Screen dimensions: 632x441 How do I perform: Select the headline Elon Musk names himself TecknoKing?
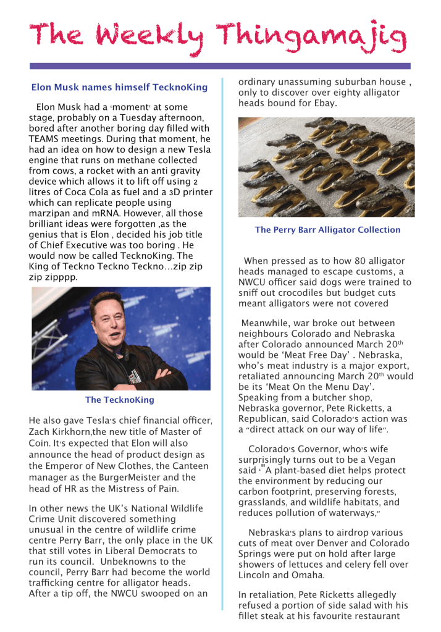pos(119,88)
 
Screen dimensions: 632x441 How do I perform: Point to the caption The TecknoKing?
pos(120,400)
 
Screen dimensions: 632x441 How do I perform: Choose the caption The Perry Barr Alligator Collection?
pos(327,230)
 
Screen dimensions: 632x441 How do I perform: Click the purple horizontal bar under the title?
pos(220,66)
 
